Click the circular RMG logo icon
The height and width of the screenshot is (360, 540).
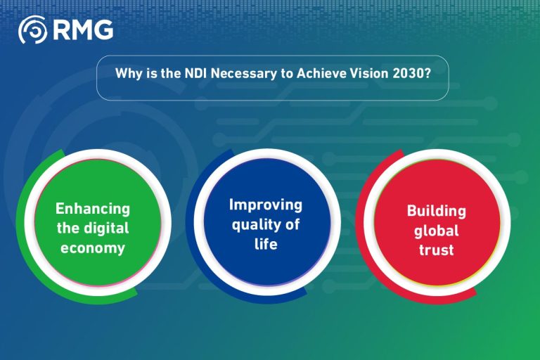click(32, 30)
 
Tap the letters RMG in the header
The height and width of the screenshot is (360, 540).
click(82, 30)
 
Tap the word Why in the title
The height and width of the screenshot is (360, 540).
click(127, 73)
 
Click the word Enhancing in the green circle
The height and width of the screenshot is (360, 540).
click(93, 209)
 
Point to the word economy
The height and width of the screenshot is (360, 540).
click(93, 247)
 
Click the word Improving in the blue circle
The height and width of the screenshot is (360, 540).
click(266, 205)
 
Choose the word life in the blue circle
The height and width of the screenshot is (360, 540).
click(266, 244)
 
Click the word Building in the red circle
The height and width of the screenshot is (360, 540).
click(436, 211)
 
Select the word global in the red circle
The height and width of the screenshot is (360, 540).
click(437, 230)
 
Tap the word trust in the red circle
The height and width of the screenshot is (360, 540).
click(437, 249)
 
